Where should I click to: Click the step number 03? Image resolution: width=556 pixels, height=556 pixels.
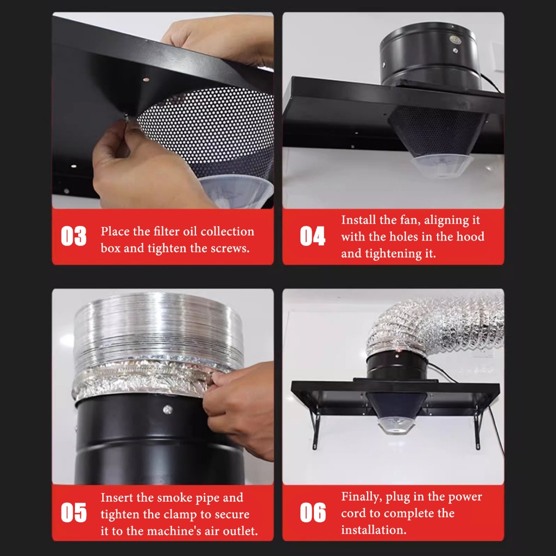coord(74,236)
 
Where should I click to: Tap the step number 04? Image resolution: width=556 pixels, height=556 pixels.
coord(313,236)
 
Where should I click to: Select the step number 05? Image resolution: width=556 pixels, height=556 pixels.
coord(74,513)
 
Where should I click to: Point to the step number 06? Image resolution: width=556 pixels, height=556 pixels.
coord(313,513)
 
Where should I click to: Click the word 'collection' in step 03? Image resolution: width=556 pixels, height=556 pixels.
coord(228,231)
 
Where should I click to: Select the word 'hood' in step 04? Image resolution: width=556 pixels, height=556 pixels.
coord(470,237)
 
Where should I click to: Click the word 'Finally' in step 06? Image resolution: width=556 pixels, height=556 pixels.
coord(361,497)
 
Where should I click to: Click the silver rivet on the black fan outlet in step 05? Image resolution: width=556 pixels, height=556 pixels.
coord(168,410)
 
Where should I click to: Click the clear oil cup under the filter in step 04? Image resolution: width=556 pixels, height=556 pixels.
coord(442,166)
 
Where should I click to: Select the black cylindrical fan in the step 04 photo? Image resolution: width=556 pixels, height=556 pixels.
coord(431,56)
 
